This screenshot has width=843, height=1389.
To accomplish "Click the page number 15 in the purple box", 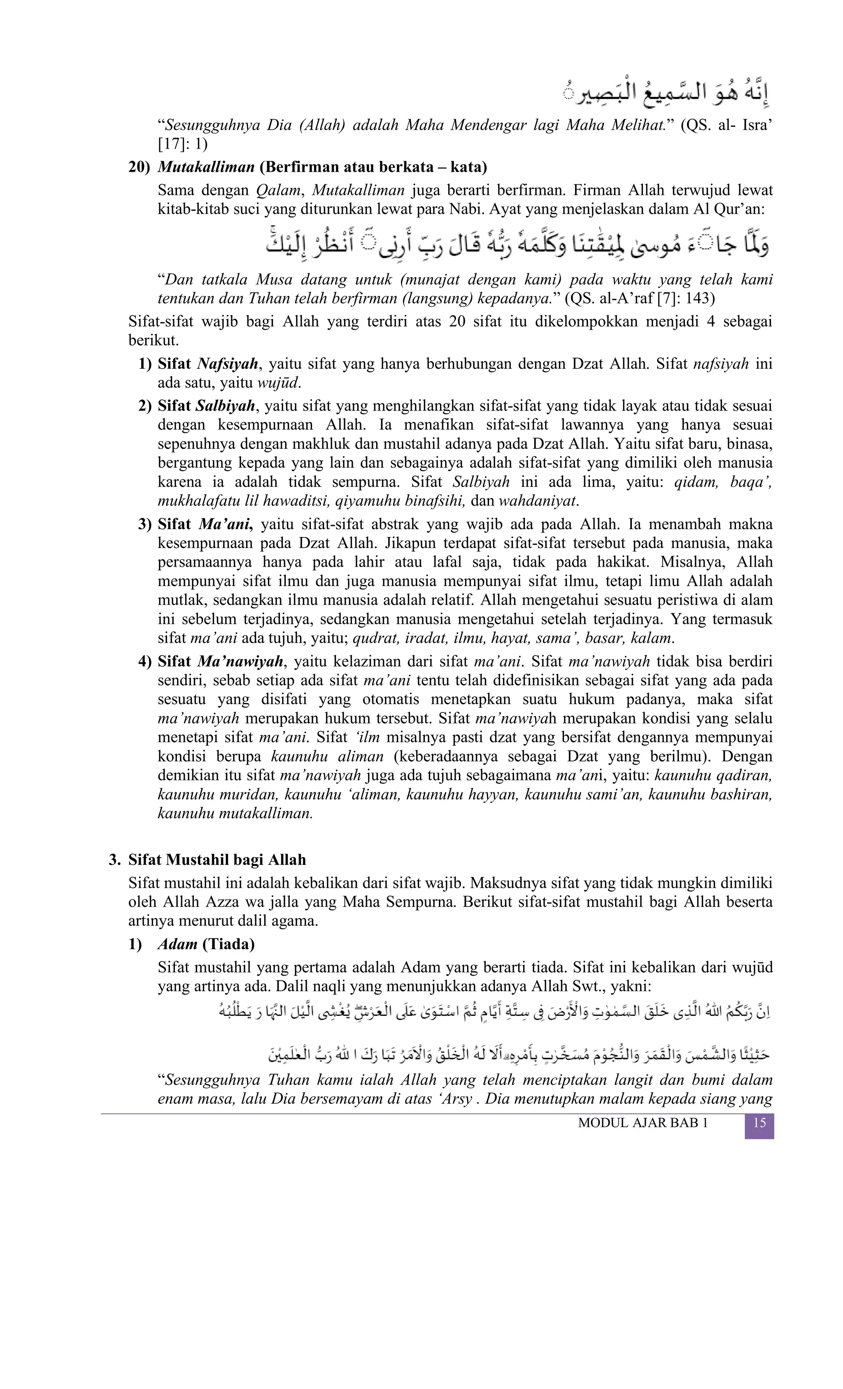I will pos(759,1123).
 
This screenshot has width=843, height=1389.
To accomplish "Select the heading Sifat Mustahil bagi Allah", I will pos(217,860).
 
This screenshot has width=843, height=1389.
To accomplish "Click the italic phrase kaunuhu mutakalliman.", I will pos(235,813).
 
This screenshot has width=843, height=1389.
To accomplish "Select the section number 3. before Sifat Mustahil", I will pos(115,860).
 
